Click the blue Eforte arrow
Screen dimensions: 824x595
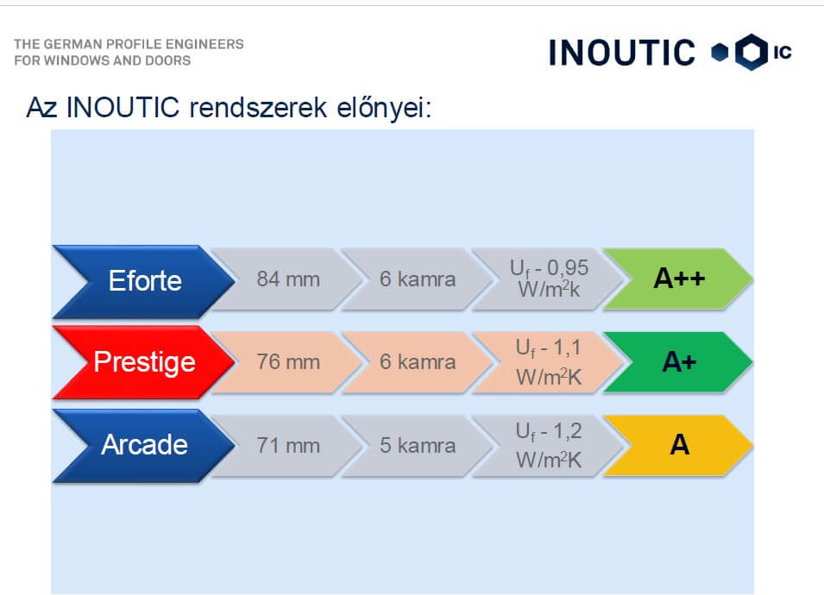[x=144, y=281]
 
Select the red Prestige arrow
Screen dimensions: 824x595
[x=144, y=362]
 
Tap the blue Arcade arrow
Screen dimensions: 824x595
[x=144, y=445]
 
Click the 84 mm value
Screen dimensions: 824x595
[x=288, y=279]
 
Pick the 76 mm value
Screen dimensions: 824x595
[x=288, y=362]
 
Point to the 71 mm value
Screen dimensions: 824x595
[x=288, y=445]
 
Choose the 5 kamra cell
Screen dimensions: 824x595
[x=418, y=445]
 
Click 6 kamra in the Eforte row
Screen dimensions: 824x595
[x=418, y=279]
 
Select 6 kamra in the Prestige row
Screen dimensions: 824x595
[x=418, y=362]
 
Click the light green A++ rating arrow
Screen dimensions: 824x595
[x=679, y=279]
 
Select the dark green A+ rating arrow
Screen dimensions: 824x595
[x=679, y=362]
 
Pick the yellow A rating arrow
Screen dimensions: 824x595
[x=679, y=445]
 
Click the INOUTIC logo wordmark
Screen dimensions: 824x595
[x=622, y=53]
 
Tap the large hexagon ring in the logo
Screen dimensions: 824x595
[x=739, y=52]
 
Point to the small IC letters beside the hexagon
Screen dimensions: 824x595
[x=783, y=52]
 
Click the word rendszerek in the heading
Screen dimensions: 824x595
[x=258, y=108]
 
